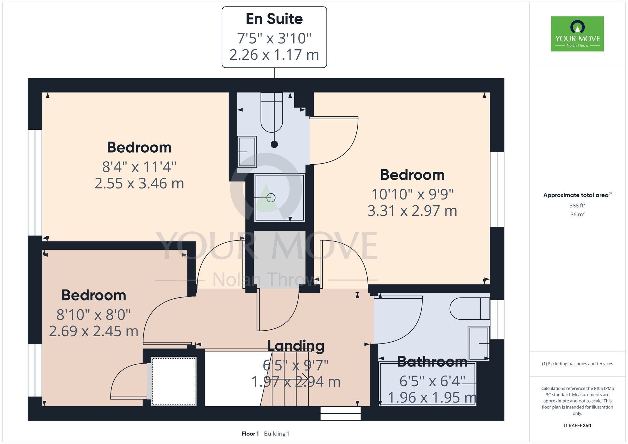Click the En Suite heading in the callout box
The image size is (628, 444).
click(x=274, y=19)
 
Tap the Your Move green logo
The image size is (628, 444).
click(x=577, y=34)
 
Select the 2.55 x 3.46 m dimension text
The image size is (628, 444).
click(x=139, y=183)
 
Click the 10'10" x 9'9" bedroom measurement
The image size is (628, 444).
click(x=412, y=194)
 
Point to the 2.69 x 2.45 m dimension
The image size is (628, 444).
click(x=94, y=331)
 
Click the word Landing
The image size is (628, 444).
click(x=296, y=346)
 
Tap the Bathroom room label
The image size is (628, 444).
click(x=432, y=362)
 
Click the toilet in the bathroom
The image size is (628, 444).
click(x=469, y=308)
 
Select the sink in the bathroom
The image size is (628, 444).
click(x=479, y=343)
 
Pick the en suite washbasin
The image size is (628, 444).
click(x=247, y=152)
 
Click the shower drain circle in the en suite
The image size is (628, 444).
click(x=271, y=198)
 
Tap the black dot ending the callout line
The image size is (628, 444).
click(x=274, y=144)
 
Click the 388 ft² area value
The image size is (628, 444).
click(x=577, y=205)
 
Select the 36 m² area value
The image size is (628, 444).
click(x=577, y=214)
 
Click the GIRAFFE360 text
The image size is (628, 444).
click(x=577, y=426)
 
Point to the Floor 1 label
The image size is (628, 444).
click(x=250, y=434)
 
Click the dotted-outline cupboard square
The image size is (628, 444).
click(x=174, y=382)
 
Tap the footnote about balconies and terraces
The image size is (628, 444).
click(x=577, y=364)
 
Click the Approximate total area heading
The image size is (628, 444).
click(x=577, y=195)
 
